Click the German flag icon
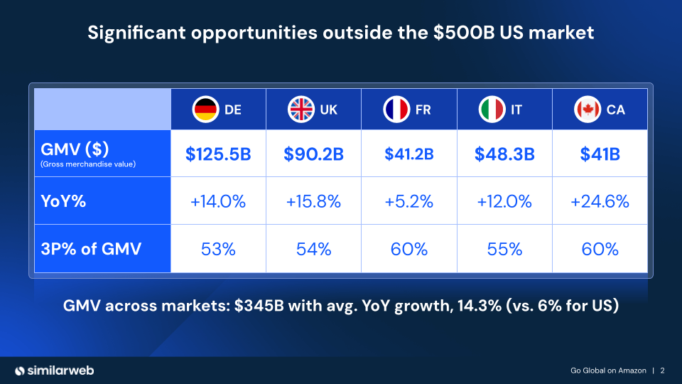tap(205, 110)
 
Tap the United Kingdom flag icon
tap(301, 110)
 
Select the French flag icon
tap(396, 110)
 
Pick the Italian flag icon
tap(491, 110)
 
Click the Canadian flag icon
tap(587, 110)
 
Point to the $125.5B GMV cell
tap(218, 153)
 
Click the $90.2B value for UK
tap(313, 153)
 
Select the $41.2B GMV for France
tap(408, 153)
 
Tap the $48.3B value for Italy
tap(504, 153)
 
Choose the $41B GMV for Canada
tap(600, 153)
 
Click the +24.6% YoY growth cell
tap(600, 201)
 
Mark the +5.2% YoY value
tap(408, 201)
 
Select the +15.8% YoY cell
tap(313, 201)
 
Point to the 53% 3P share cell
tap(218, 249)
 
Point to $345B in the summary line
tap(258, 306)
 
